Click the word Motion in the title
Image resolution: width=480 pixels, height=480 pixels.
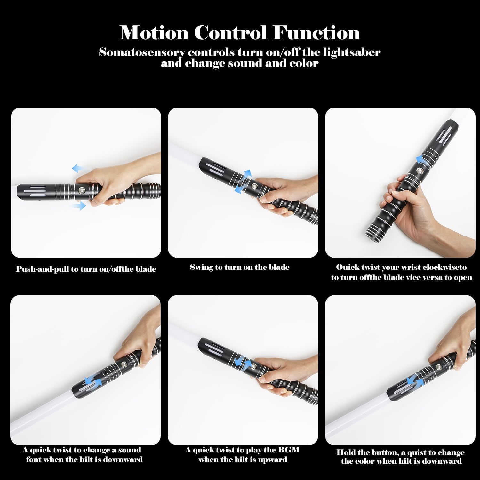154,33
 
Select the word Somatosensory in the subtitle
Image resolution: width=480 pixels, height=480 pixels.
142,52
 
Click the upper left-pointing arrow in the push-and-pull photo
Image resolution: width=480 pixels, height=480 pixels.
79,168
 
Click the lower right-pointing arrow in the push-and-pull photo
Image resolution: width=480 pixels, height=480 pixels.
79,205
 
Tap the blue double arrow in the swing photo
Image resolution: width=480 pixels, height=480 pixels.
243,181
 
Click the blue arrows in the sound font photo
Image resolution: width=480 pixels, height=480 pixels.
93,380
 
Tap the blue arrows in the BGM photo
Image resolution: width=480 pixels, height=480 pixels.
243,363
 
